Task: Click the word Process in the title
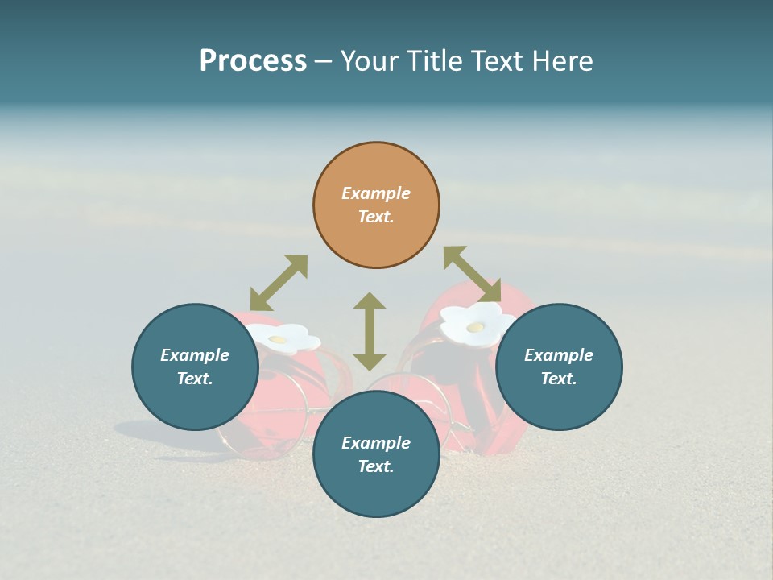pyautogui.click(x=253, y=61)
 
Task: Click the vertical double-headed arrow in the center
pyautogui.click(x=370, y=331)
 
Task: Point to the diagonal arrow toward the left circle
pyautogui.click(x=279, y=283)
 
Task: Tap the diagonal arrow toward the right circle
pyautogui.click(x=472, y=274)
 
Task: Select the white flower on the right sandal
pyautogui.click(x=477, y=324)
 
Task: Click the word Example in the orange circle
pyautogui.click(x=376, y=193)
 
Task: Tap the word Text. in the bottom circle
pyautogui.click(x=376, y=466)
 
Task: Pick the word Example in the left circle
pyautogui.click(x=195, y=355)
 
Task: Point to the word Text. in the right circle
pyautogui.click(x=559, y=379)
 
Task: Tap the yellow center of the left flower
pyautogui.click(x=279, y=340)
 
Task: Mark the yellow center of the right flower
pyautogui.click(x=476, y=326)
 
